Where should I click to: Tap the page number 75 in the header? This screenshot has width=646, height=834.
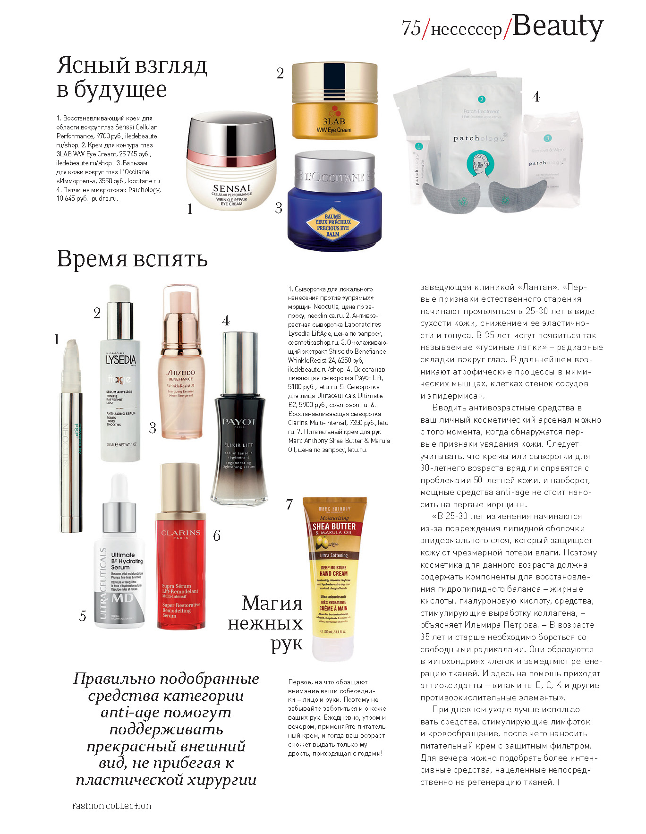coord(411,28)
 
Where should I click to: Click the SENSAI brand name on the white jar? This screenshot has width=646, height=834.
coord(231,188)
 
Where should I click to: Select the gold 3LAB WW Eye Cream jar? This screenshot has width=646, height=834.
coord(334,102)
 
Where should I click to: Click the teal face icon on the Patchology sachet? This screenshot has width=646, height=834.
coord(481,163)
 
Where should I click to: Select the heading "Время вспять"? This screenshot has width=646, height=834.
coord(132,259)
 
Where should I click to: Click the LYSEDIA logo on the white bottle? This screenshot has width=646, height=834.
coord(121,359)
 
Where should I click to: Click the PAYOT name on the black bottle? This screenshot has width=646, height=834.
coord(239,421)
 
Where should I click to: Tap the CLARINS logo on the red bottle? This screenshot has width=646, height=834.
coord(180,533)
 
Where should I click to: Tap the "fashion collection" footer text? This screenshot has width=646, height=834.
coord(112,805)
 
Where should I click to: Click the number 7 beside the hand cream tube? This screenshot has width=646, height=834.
coord(289,504)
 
